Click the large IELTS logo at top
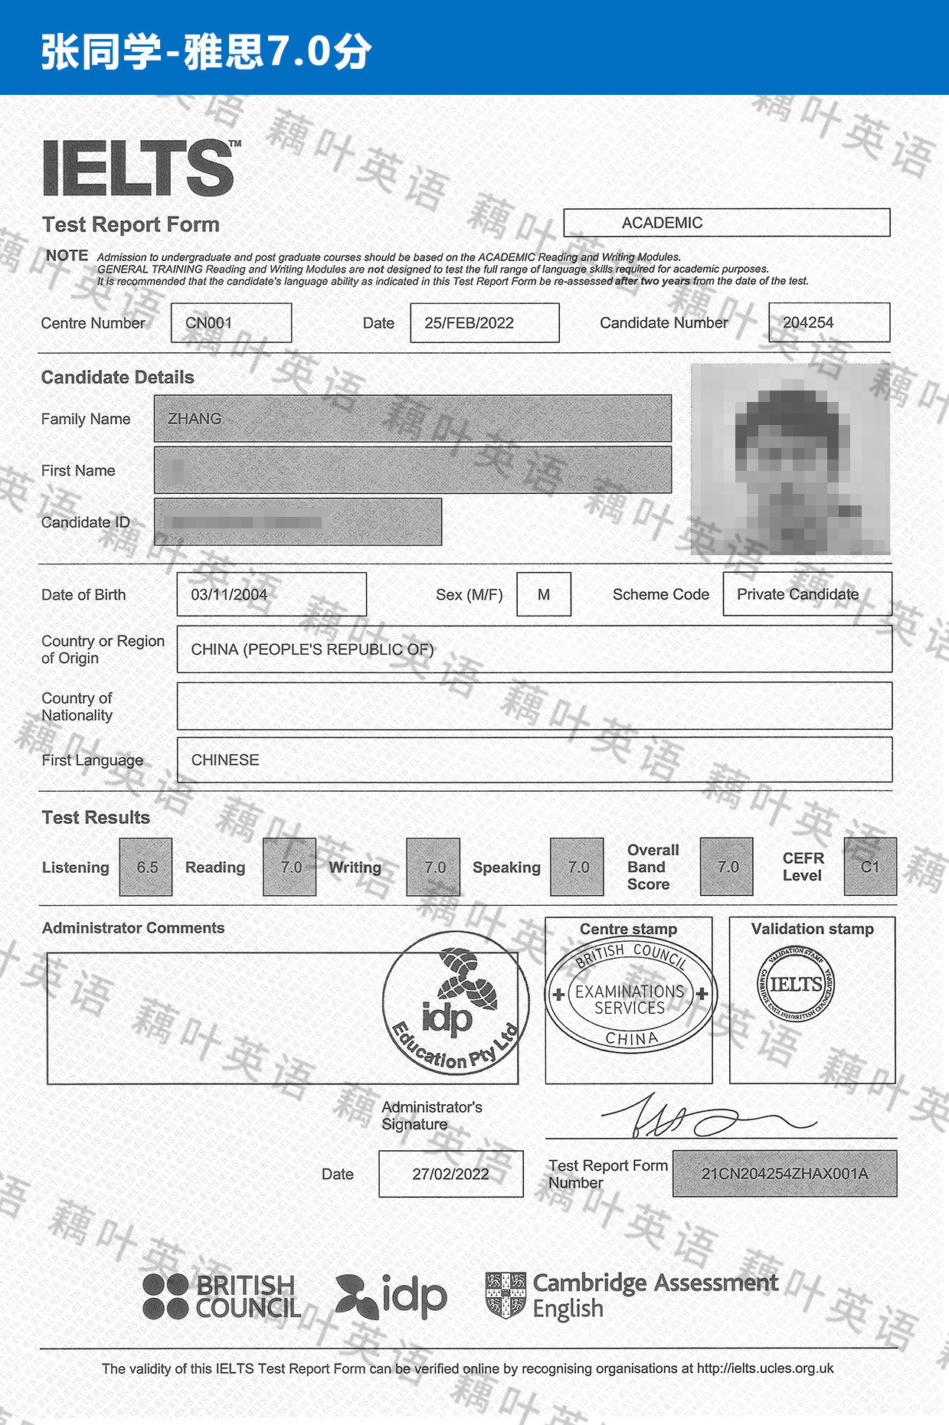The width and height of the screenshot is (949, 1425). pos(139,168)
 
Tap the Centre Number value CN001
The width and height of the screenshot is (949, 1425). pos(209,323)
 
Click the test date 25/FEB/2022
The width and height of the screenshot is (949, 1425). pos(469,323)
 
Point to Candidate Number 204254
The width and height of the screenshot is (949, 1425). pos(808,323)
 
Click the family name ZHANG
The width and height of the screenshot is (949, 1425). pos(195,419)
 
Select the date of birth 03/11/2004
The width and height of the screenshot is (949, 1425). pos(229,595)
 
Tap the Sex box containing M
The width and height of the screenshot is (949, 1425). pos(544,595)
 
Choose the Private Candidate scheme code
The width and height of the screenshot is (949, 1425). pos(797,595)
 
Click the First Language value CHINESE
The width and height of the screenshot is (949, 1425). pos(225,760)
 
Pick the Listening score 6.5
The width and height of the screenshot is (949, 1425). pos(146,868)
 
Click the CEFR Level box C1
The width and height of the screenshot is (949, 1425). pos(870,868)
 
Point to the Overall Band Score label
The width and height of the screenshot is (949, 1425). pos(653,868)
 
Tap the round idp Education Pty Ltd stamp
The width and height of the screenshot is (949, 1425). pos(456,1003)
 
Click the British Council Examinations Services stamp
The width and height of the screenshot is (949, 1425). pos(630,995)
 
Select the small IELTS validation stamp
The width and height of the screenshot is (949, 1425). pos(796,985)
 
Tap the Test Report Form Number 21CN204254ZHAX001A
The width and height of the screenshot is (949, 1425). pos(784,1174)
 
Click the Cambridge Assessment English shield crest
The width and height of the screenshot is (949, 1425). pos(506,1296)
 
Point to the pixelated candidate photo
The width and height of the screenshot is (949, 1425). pos(790,459)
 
